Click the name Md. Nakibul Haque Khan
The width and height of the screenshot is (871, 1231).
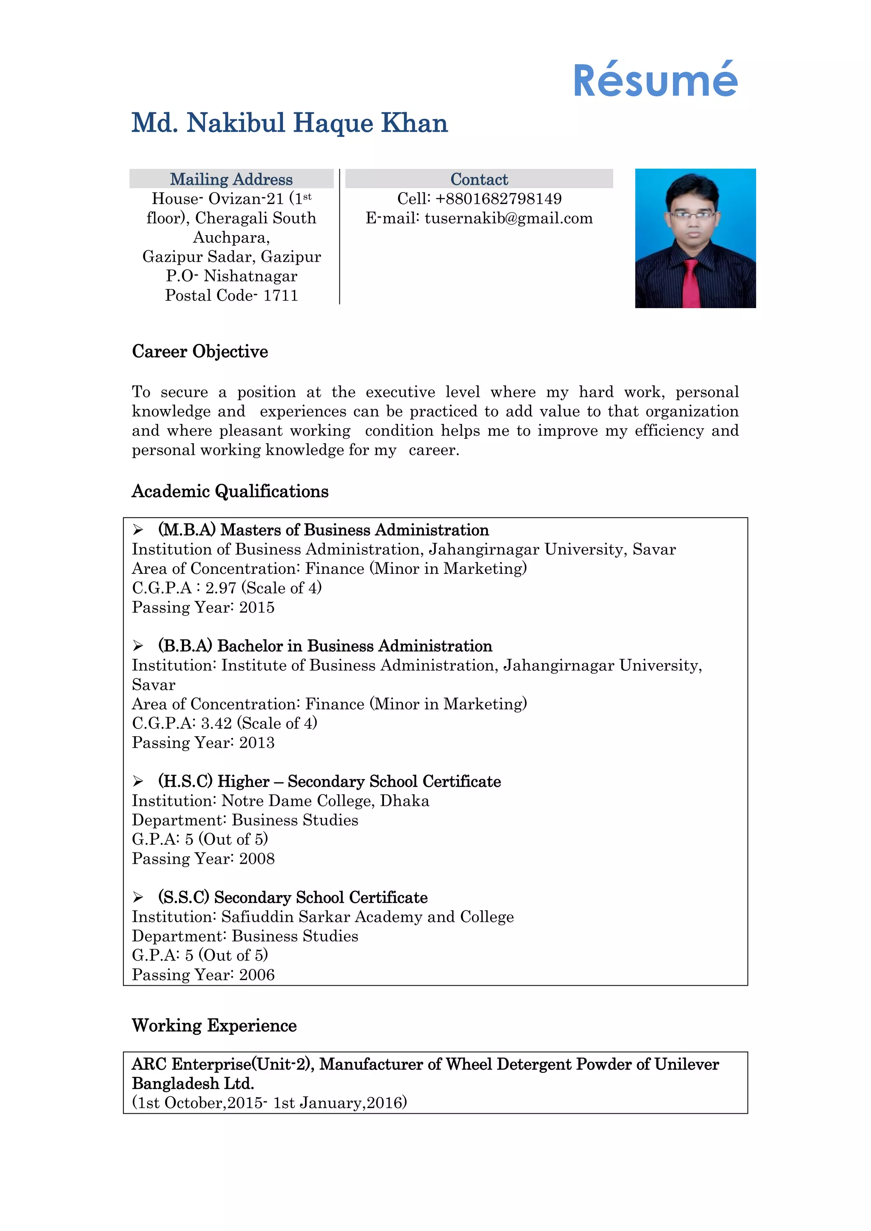pyautogui.click(x=290, y=123)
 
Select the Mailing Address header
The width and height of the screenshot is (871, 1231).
pyautogui.click(x=231, y=179)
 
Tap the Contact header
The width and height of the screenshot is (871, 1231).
pyautogui.click(x=479, y=179)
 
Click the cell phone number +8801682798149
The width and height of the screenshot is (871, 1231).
pyautogui.click(x=498, y=199)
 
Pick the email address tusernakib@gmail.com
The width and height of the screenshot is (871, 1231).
pyautogui.click(x=509, y=218)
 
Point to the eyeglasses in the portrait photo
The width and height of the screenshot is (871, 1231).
pyautogui.click(x=692, y=215)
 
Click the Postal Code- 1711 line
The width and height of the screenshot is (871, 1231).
pyautogui.click(x=231, y=295)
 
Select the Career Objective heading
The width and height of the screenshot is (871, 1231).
pyautogui.click(x=200, y=352)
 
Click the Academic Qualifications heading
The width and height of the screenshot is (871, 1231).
pyautogui.click(x=230, y=491)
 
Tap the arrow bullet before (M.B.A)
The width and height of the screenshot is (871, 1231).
pyautogui.click(x=138, y=530)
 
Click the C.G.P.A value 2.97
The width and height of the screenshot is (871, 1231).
pyautogui.click(x=220, y=588)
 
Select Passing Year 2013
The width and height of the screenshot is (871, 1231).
pyautogui.click(x=203, y=743)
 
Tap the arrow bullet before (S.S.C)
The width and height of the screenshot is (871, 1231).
pyautogui.click(x=138, y=897)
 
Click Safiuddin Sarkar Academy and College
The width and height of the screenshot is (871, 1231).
pyautogui.click(x=367, y=917)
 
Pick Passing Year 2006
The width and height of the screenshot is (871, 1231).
pyautogui.click(x=203, y=975)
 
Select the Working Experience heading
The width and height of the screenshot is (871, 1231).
pyautogui.click(x=214, y=1025)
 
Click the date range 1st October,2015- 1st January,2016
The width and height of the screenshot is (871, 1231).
pyautogui.click(x=270, y=1103)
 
